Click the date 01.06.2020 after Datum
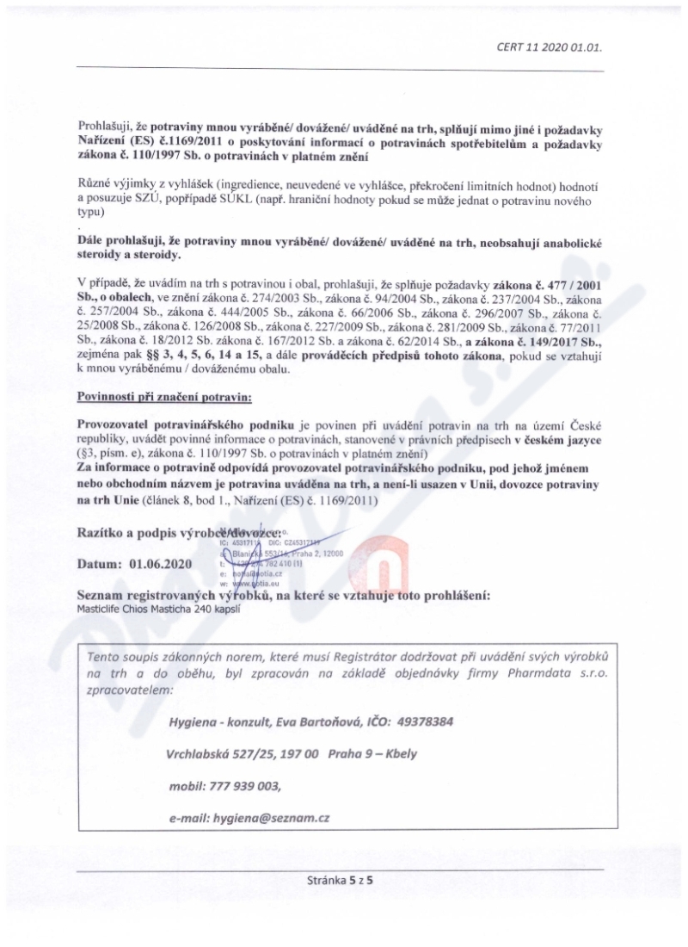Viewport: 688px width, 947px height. (x=162, y=565)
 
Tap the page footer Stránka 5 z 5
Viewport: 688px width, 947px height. (x=343, y=904)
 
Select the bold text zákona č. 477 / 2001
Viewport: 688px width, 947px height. (x=550, y=283)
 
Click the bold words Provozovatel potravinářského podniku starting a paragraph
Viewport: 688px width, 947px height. (x=186, y=426)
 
